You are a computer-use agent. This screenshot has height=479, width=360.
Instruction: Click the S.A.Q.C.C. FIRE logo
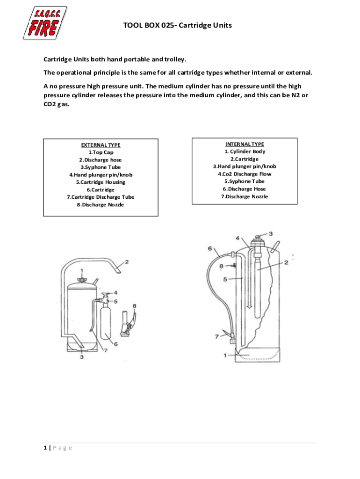point(44,22)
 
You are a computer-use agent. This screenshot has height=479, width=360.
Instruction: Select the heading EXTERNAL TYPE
point(101,145)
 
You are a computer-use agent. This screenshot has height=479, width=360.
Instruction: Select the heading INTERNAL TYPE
point(245,144)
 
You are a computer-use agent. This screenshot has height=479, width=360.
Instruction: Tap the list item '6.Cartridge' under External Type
point(101,190)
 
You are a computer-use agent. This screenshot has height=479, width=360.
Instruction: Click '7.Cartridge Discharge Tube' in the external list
point(101,197)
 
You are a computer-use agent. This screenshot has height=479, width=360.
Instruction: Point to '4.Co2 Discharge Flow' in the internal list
point(245,174)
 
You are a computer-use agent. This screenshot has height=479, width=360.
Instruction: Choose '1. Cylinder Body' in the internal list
point(245,152)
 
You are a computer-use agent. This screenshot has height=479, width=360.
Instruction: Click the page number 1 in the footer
point(45,448)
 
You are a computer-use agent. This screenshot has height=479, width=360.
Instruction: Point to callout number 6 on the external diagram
point(115,344)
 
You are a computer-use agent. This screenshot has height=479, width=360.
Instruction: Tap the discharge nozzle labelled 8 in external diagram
point(128,323)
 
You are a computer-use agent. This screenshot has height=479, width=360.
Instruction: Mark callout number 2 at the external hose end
point(127,262)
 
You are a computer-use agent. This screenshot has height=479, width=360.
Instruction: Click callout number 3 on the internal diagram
point(271,233)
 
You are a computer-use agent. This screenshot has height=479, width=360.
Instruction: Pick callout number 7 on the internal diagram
point(216,336)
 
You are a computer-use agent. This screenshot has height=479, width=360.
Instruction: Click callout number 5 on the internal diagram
point(225,280)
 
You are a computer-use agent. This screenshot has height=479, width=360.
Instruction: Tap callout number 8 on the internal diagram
point(221,266)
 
